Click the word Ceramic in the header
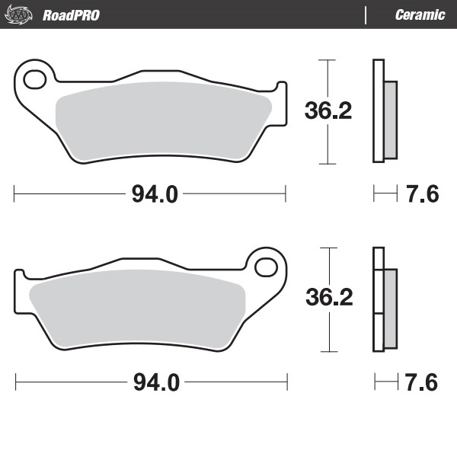click(420, 15)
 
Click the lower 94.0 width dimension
click(156, 382)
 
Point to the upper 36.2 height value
click(328, 111)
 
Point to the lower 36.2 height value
click(328, 298)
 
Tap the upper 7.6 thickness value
click(423, 194)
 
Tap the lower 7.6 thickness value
click(423, 382)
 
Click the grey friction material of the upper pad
click(164, 122)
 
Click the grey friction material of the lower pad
click(137, 308)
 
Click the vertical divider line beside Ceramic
click(366, 15)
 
